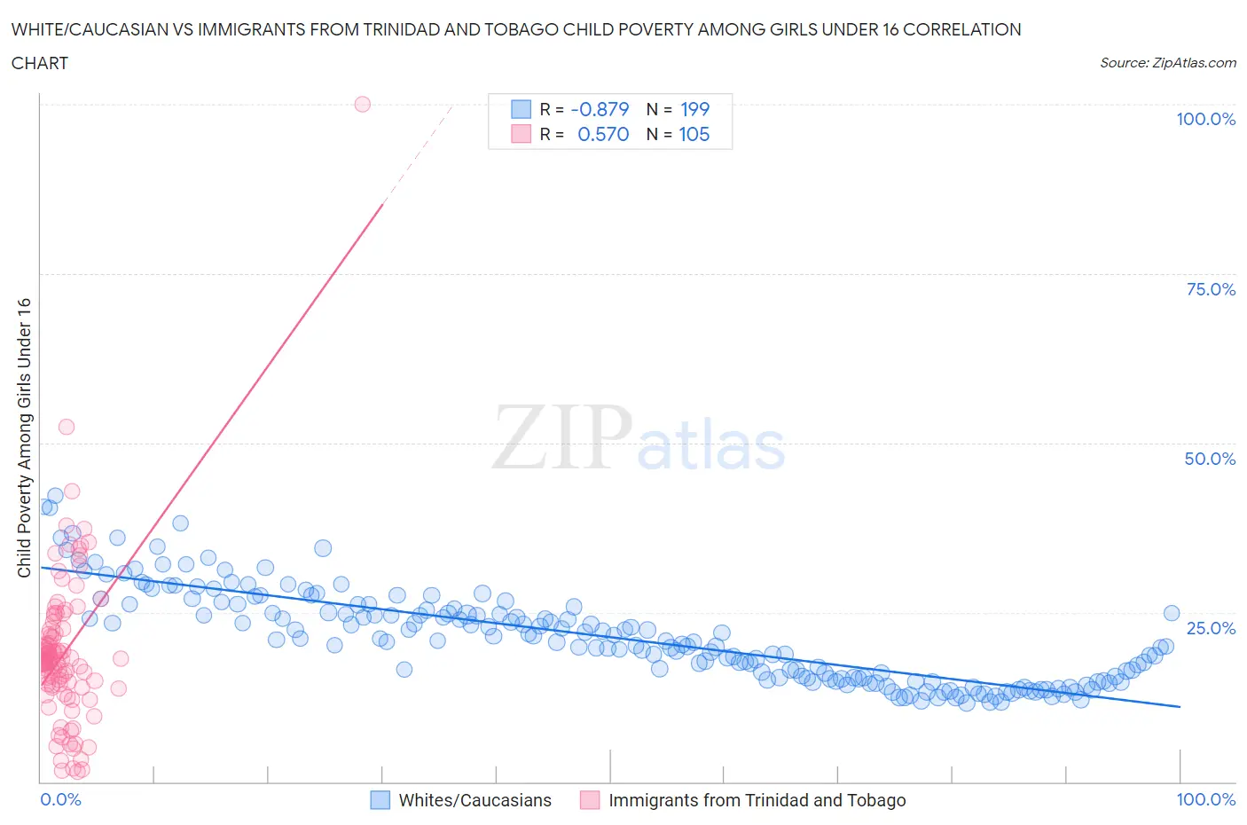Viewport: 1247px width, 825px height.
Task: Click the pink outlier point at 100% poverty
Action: (x=362, y=104)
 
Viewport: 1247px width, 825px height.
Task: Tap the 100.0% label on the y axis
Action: (x=1205, y=119)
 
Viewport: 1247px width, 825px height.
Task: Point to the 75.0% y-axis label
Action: (x=1211, y=289)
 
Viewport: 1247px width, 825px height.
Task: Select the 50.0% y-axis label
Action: (x=1210, y=459)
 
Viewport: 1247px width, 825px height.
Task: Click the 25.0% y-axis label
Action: (x=1211, y=628)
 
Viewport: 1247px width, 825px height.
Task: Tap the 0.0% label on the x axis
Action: (x=60, y=799)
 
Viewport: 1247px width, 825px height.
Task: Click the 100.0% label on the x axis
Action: (x=1205, y=799)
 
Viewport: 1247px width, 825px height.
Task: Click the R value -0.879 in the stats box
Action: (x=600, y=109)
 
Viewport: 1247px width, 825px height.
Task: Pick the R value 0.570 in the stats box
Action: (x=603, y=134)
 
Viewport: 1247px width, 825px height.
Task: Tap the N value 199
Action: (x=694, y=109)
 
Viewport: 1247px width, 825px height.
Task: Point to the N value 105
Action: (x=694, y=134)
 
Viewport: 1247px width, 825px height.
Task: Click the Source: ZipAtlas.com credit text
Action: (x=1167, y=62)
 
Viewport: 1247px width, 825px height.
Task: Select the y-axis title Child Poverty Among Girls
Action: (x=24, y=437)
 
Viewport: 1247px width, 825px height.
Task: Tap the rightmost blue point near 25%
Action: (x=1171, y=613)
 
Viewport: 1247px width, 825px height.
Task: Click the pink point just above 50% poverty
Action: (x=67, y=427)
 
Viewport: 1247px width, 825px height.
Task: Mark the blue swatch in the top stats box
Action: (x=521, y=109)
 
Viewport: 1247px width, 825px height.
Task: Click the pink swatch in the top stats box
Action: (x=521, y=134)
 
